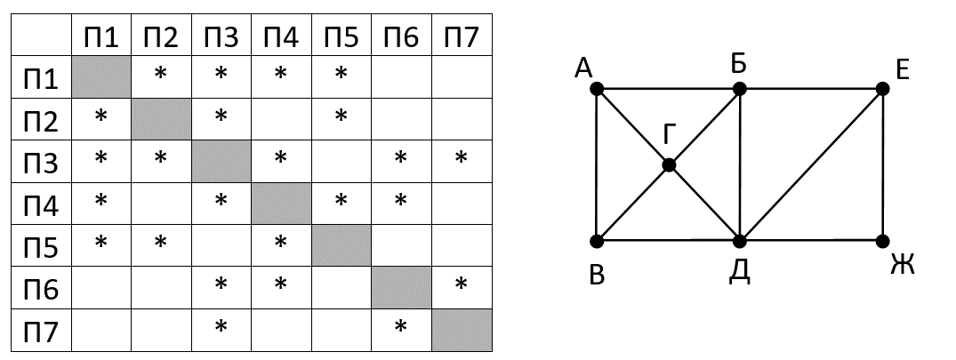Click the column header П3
tap(221, 36)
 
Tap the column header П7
tap(461, 36)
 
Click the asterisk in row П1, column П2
tap(160, 74)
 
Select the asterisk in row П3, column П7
tap(461, 158)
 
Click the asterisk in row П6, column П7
tap(461, 285)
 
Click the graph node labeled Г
tap(669, 165)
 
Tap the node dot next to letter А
tap(597, 89)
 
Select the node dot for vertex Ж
tap(882, 241)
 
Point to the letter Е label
tap(902, 68)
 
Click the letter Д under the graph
tap(740, 271)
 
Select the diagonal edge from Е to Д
tap(811, 165)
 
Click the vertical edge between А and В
tap(597, 165)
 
